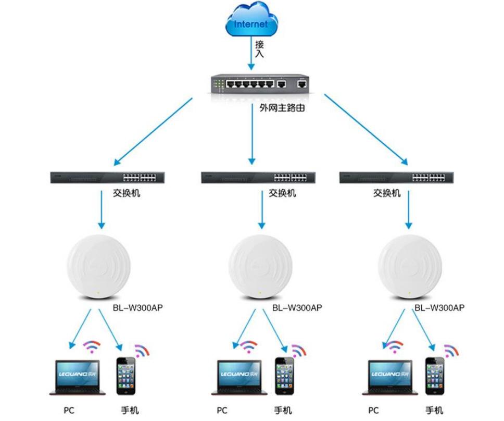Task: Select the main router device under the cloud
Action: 260,84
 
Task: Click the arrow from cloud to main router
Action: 252,55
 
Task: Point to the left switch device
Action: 104,177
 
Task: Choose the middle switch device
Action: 259,177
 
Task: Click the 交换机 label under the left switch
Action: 127,193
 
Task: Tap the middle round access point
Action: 260,267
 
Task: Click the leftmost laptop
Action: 80,376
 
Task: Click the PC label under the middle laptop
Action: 222,411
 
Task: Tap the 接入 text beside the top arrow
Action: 259,49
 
